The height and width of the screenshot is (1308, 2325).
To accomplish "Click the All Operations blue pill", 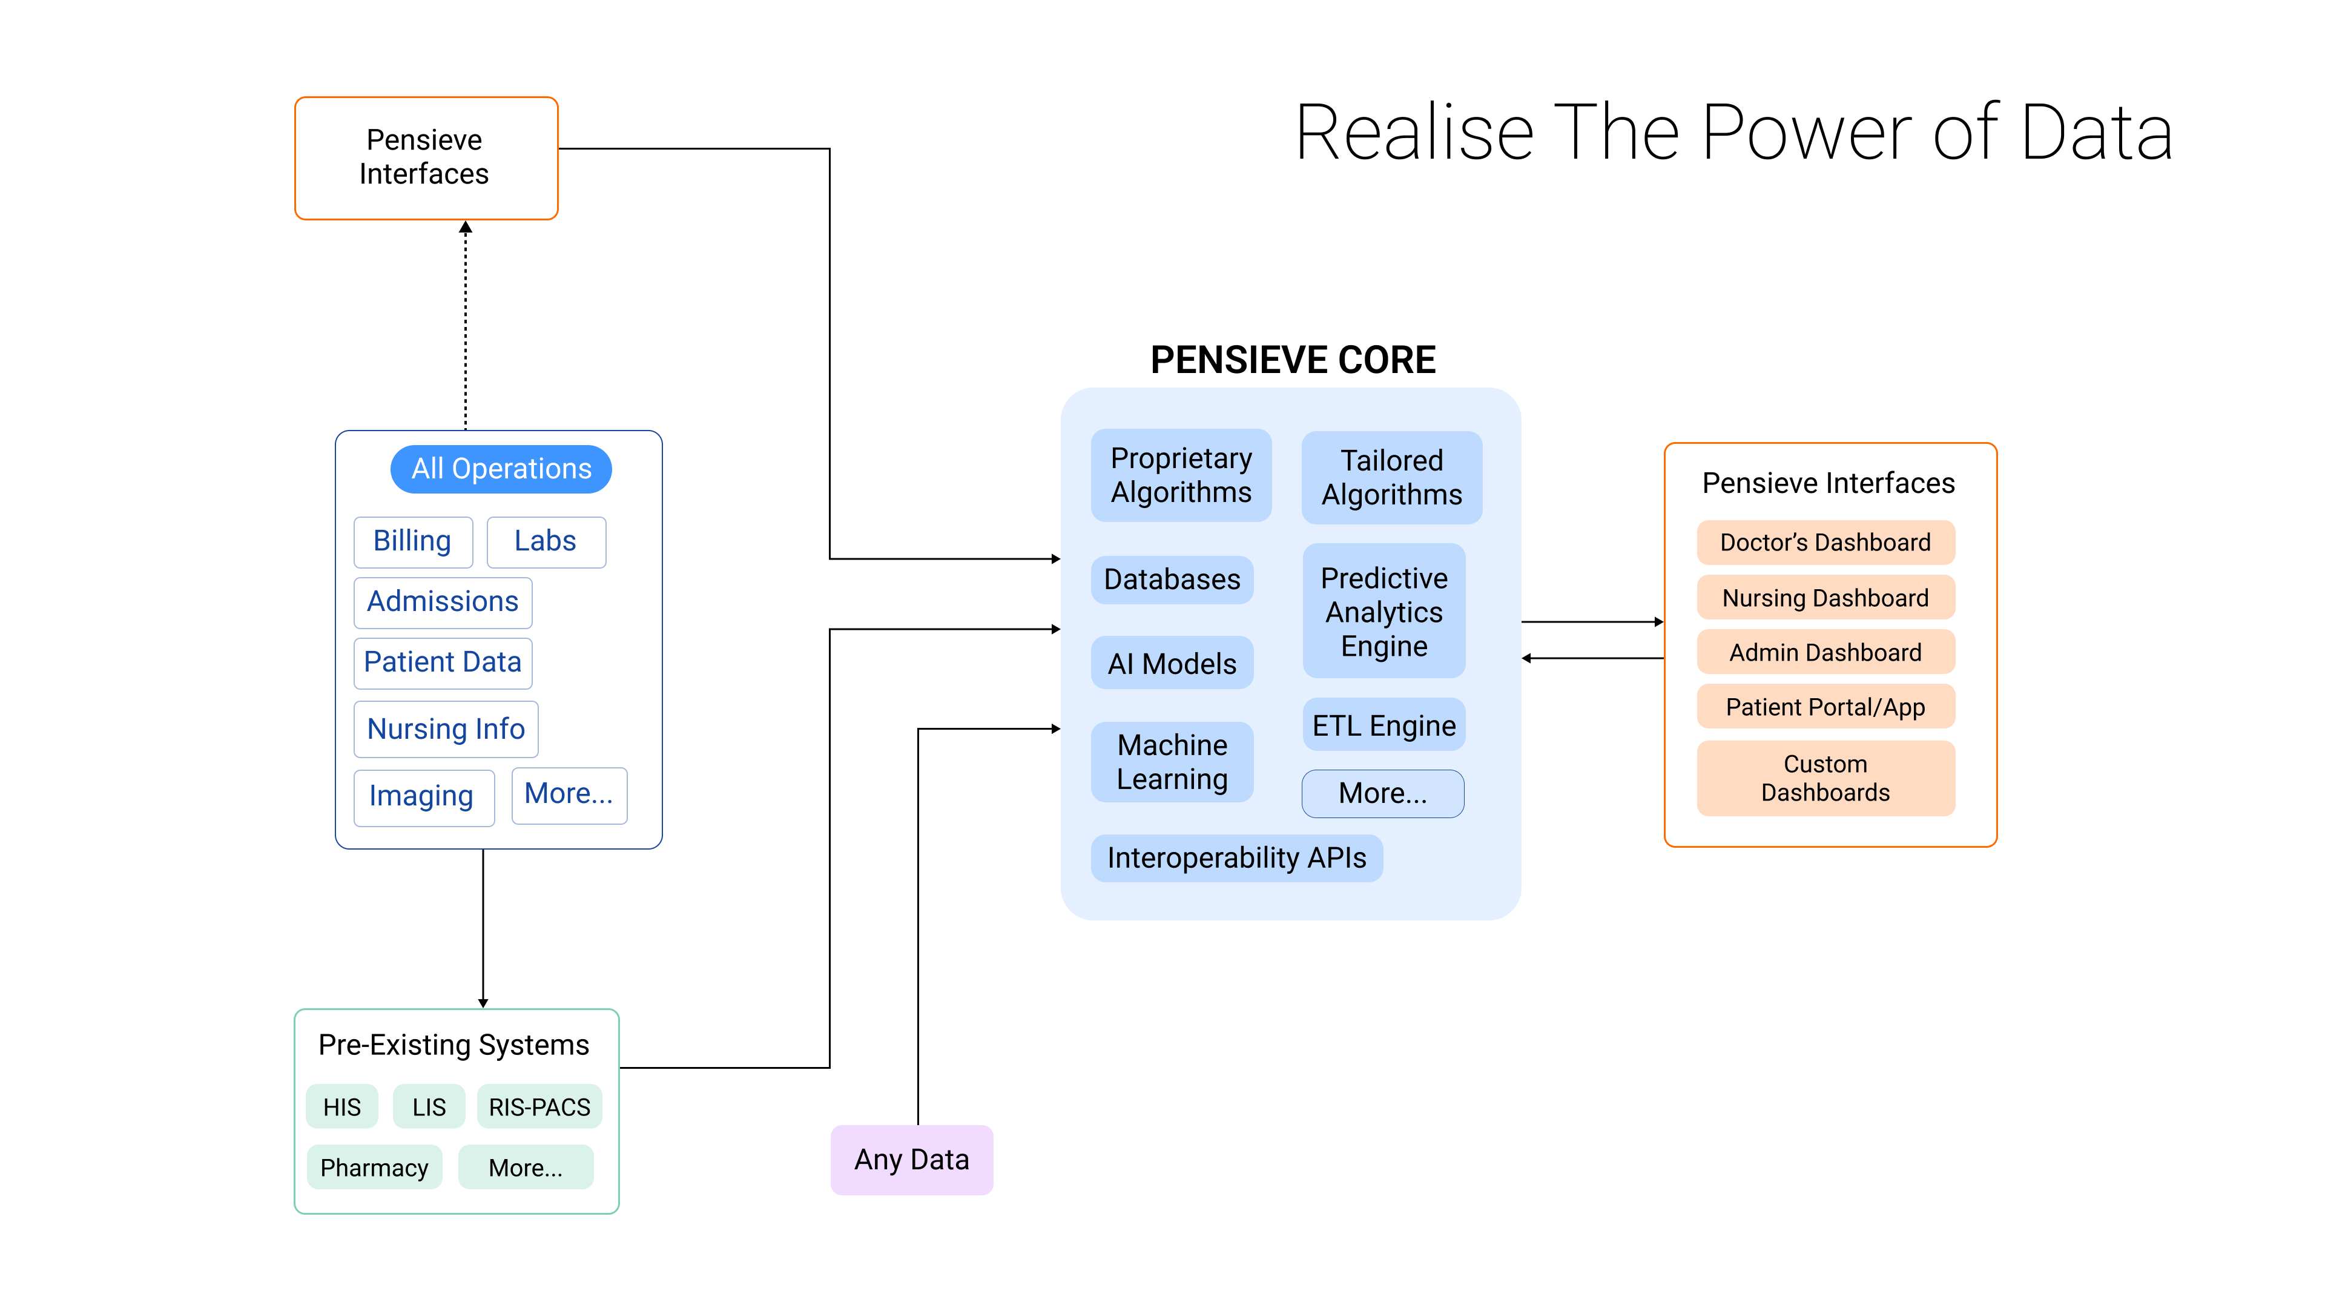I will [x=501, y=469].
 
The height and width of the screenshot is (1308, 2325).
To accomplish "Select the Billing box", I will [x=412, y=541].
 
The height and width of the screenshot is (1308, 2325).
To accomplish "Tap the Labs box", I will [x=545, y=541].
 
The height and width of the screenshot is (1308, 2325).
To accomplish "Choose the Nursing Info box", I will [x=446, y=728].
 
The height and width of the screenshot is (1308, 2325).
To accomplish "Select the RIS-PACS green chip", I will [x=539, y=1107].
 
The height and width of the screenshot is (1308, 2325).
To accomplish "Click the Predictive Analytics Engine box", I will [x=1383, y=611].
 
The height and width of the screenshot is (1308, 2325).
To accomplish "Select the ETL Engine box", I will [x=1383, y=725].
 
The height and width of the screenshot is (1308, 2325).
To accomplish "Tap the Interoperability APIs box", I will [x=1236, y=857].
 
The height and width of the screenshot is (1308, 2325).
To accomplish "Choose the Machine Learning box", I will [x=1172, y=762].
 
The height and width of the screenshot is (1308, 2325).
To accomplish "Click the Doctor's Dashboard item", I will [x=1825, y=543].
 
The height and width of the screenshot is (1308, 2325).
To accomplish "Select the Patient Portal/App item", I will [x=1825, y=707].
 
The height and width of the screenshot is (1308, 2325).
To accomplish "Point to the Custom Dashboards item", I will [x=1825, y=778].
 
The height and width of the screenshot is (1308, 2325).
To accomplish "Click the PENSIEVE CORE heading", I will [x=1293, y=360].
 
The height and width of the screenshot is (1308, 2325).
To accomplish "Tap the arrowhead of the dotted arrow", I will [x=466, y=228].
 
